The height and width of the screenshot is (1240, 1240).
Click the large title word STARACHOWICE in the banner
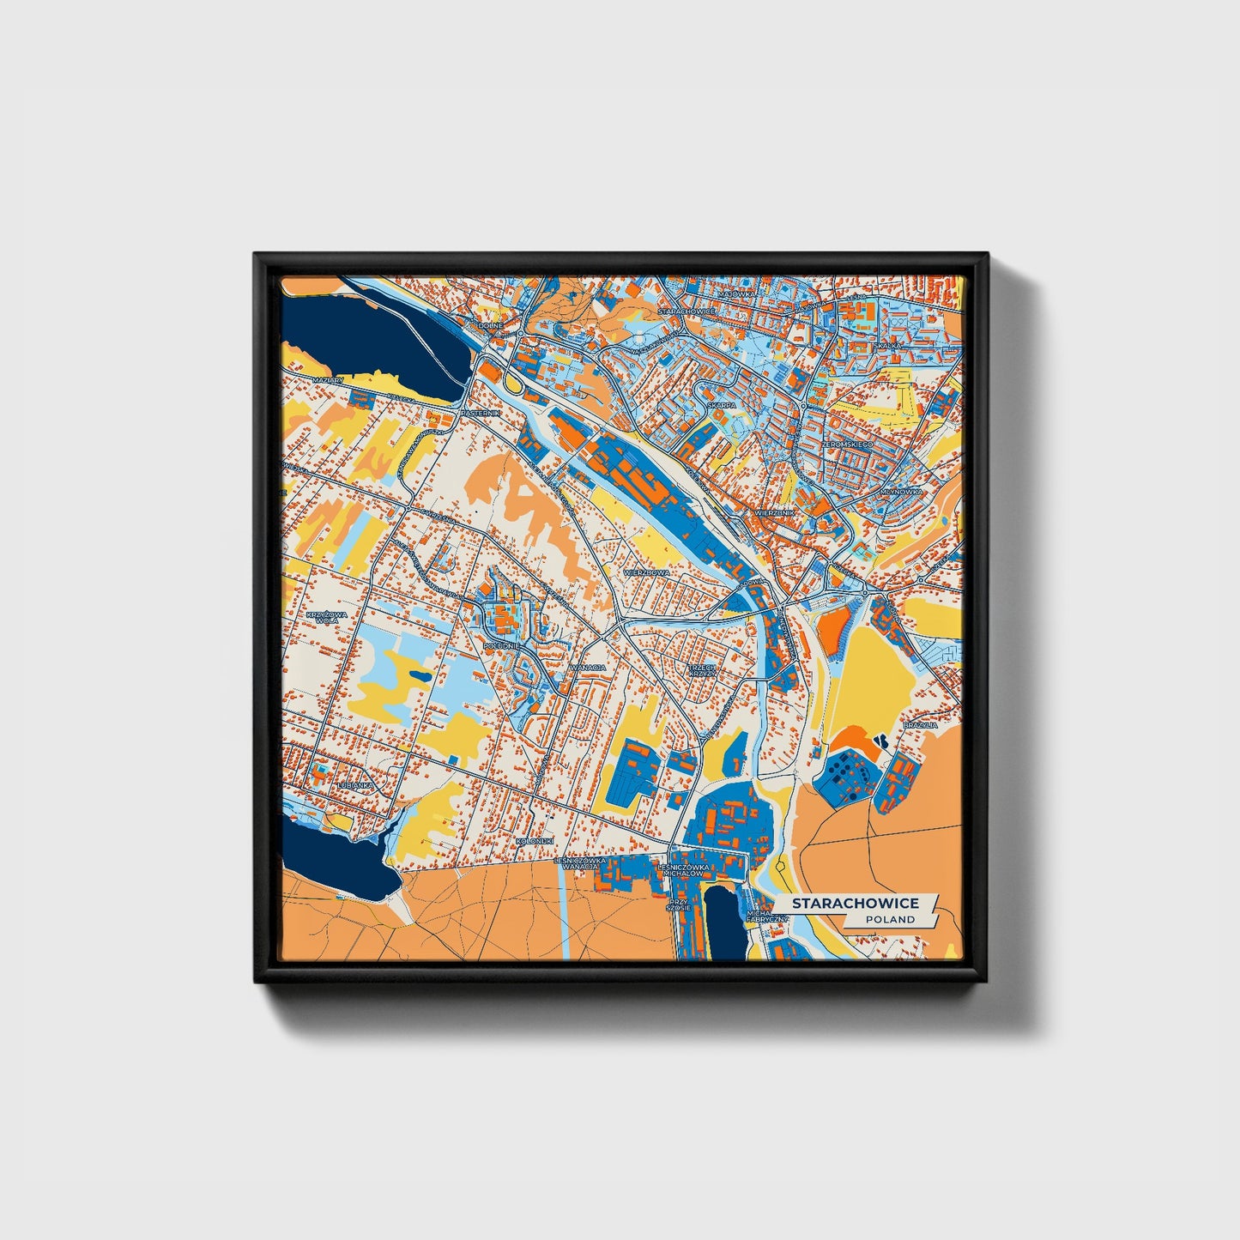(855, 903)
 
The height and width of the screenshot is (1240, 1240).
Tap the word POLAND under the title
(890, 919)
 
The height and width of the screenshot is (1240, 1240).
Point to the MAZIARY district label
(328, 379)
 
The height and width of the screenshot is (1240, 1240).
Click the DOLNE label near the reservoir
(490, 325)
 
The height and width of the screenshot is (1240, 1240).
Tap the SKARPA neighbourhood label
(721, 405)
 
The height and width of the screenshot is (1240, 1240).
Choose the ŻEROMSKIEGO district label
(846, 445)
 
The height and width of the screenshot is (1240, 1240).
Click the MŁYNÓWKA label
(901, 492)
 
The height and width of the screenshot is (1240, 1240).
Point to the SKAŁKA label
(887, 345)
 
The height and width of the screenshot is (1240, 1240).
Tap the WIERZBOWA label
(645, 571)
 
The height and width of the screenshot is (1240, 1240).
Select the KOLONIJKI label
(535, 841)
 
